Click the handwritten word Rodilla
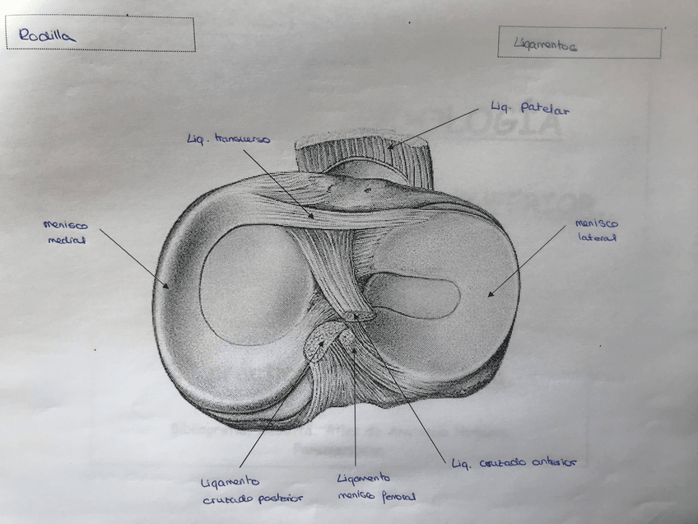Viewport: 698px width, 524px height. tap(46, 35)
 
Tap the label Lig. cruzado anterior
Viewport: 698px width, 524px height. tap(513, 463)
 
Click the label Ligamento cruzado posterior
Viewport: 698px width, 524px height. tap(251, 489)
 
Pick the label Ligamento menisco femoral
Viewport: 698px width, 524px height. tap(375, 487)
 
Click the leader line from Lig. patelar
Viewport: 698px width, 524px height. tap(436, 127)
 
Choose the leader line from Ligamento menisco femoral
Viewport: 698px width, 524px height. tap(355, 412)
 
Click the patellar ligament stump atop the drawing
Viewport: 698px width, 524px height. tap(362, 152)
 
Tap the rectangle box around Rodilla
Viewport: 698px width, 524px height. tap(100, 19)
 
